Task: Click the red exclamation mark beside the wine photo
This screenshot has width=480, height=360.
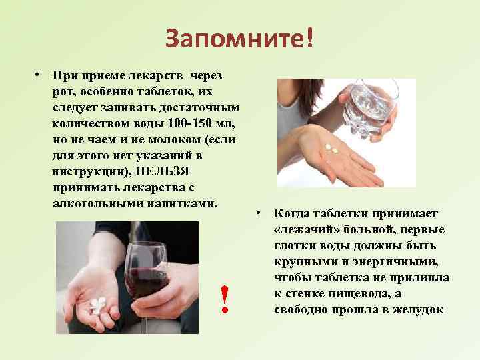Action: point(226,299)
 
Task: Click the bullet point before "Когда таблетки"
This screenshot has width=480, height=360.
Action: point(258,214)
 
